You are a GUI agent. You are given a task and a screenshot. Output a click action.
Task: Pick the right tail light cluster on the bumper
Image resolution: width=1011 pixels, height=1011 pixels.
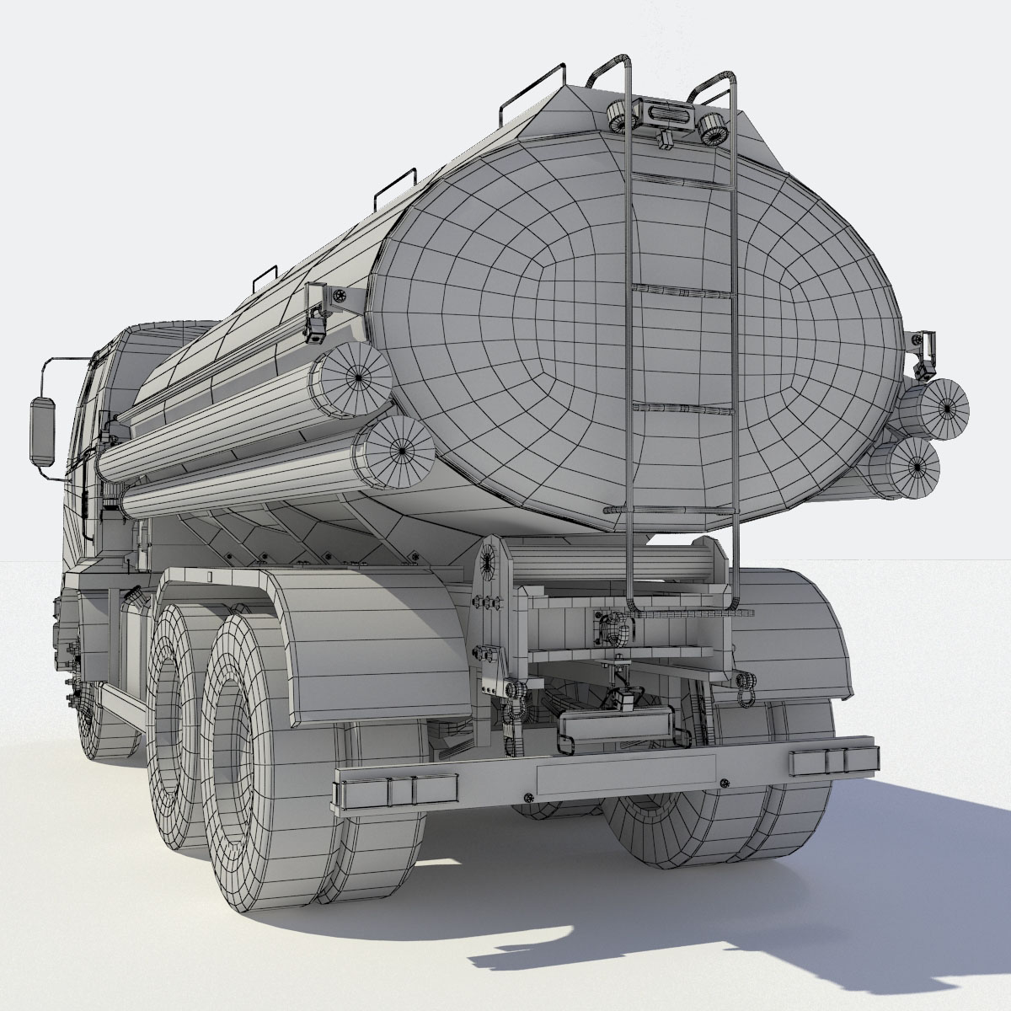[831, 759]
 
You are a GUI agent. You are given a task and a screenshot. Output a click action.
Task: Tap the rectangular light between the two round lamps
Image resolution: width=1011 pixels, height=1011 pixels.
[666, 111]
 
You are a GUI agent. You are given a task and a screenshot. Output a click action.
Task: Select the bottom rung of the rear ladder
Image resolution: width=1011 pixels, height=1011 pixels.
[671, 511]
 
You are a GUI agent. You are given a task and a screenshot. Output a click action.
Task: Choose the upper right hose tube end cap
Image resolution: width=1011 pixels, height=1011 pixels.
[944, 407]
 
